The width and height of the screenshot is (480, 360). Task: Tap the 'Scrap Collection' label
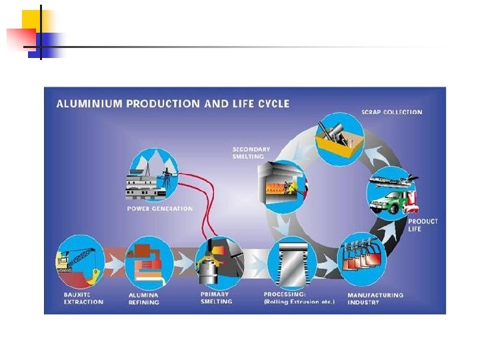(x=392, y=112)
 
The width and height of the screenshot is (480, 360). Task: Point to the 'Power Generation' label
(x=159, y=209)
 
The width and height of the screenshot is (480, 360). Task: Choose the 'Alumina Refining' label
(x=144, y=298)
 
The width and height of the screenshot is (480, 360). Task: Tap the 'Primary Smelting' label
(x=216, y=297)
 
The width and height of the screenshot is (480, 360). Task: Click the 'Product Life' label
(x=423, y=225)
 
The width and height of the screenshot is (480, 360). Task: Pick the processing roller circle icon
(x=292, y=262)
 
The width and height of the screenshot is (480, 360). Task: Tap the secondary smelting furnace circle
(x=281, y=185)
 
